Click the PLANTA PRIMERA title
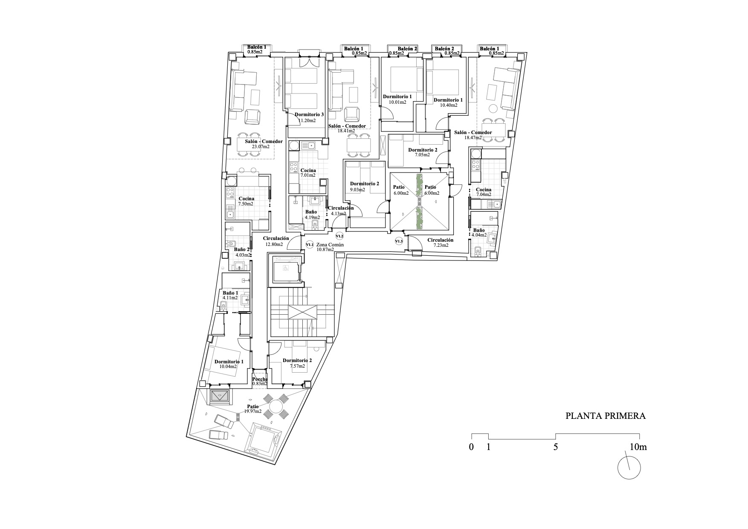606,416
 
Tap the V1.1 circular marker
310,245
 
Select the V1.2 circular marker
340,236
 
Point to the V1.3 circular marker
399,241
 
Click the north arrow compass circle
629,468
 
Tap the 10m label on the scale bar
638,447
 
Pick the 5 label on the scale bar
555,447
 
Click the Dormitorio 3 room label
310,114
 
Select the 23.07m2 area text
261,146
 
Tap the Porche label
260,379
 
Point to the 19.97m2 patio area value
253,412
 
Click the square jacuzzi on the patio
263,438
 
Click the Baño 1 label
231,293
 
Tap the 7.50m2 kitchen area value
246,204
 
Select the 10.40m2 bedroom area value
449,105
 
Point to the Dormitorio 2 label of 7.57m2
297,360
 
